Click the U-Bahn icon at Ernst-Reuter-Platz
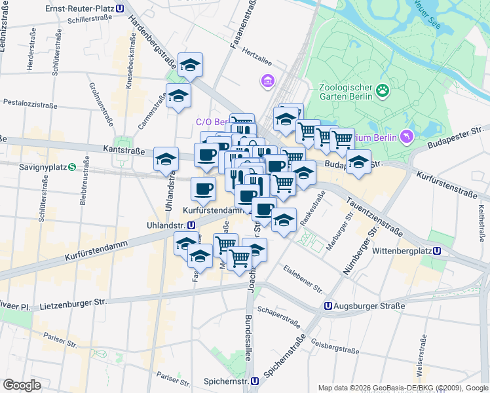point(119,9)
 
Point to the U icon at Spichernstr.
point(254,381)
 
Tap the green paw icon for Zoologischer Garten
point(383,91)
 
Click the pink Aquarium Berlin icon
point(408,136)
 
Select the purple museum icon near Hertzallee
point(267,82)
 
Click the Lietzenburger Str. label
point(73,303)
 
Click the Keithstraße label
point(481,223)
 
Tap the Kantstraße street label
point(124,151)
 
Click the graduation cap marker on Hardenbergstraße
point(191,65)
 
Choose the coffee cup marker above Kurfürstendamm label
point(203,189)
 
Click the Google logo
point(22,385)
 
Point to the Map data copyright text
point(403,387)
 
